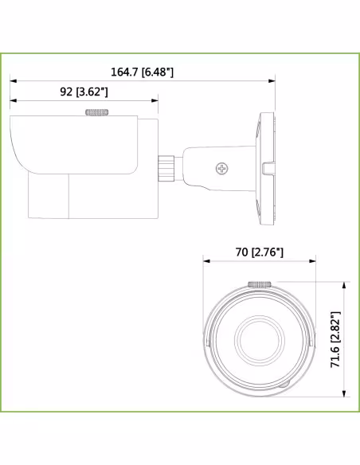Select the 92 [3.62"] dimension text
click(84, 92)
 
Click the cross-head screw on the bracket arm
click(222, 168)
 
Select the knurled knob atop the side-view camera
click(97, 113)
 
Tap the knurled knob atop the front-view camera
click(260, 283)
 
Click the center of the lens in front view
click(260, 342)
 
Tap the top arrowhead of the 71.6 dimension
click(344, 284)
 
